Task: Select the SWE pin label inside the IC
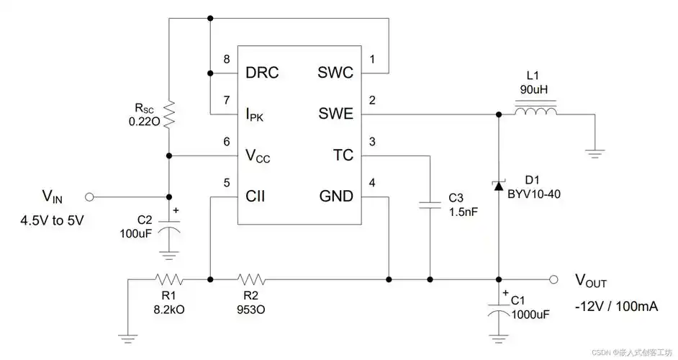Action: tap(335, 114)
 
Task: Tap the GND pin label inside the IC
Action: tap(335, 196)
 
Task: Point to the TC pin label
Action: tap(343, 155)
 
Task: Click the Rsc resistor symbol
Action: tap(168, 114)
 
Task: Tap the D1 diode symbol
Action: tap(498, 186)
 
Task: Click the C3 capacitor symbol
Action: tap(430, 205)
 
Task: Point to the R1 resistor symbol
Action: tap(168, 279)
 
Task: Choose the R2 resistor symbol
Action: tap(251, 279)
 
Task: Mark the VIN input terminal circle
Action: tap(90, 197)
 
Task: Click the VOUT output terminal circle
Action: tap(553, 279)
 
